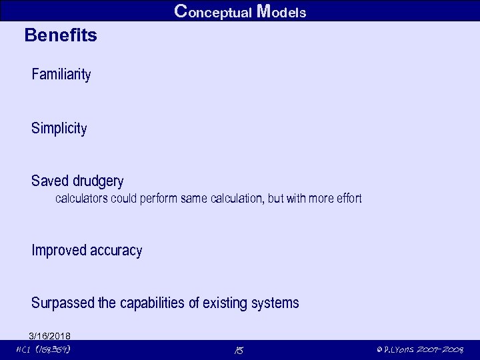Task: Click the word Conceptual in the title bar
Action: coord(213,11)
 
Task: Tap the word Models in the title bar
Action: coord(281,11)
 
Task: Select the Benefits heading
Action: coord(61,35)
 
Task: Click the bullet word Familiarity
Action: coord(61,74)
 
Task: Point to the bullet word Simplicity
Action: coord(59,129)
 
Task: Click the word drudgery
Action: coord(98,181)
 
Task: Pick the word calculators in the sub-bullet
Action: coord(82,199)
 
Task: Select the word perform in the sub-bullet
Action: coord(159,199)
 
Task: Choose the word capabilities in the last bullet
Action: coord(152,303)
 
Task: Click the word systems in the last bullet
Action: coord(275,303)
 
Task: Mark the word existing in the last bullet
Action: coord(225,303)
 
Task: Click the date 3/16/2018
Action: coord(50,335)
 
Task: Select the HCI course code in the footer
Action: coord(44,349)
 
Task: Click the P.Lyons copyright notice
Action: coord(419,349)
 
